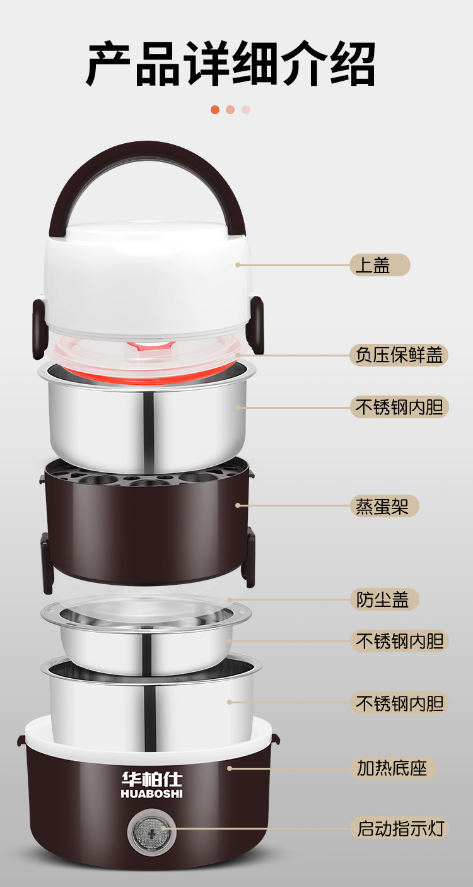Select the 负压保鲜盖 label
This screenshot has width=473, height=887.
click(399, 355)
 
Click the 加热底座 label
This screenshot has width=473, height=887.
click(392, 768)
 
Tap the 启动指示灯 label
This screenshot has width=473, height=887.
click(399, 828)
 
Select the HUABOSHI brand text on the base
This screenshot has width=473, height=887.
click(151, 794)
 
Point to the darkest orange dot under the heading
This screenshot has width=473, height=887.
click(215, 109)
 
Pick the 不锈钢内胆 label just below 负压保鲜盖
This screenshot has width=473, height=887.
click(399, 407)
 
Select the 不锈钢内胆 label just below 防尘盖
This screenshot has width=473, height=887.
click(399, 641)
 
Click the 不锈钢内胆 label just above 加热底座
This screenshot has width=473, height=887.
click(399, 703)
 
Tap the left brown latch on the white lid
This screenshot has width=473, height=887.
click(39, 320)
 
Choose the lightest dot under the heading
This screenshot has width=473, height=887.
click(246, 109)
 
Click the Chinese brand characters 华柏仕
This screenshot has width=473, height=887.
click(151, 779)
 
